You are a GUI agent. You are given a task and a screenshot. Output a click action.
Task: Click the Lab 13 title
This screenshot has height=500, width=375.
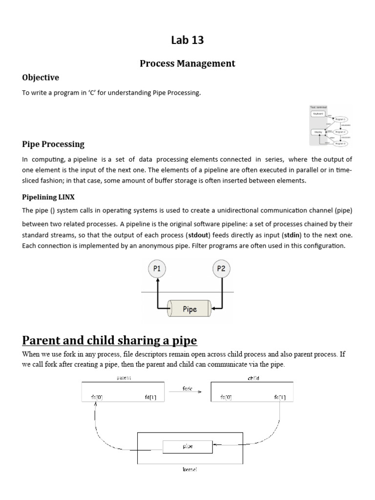point(187,41)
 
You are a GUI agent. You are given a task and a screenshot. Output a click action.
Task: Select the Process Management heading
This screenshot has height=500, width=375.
point(187,63)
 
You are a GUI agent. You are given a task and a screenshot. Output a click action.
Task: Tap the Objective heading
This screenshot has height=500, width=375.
point(41,78)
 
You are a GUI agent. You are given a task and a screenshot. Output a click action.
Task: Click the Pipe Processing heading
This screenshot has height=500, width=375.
point(53,144)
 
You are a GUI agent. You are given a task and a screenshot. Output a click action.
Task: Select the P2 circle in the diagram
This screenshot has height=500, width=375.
point(222,269)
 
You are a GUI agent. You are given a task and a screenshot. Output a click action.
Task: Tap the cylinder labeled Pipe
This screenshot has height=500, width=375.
point(189,309)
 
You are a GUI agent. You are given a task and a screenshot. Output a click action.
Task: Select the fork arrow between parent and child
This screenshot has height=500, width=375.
point(187,391)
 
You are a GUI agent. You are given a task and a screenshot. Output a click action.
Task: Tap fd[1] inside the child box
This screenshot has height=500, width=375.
point(280,398)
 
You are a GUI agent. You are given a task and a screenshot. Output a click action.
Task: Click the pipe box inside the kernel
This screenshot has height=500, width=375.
point(187,446)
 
